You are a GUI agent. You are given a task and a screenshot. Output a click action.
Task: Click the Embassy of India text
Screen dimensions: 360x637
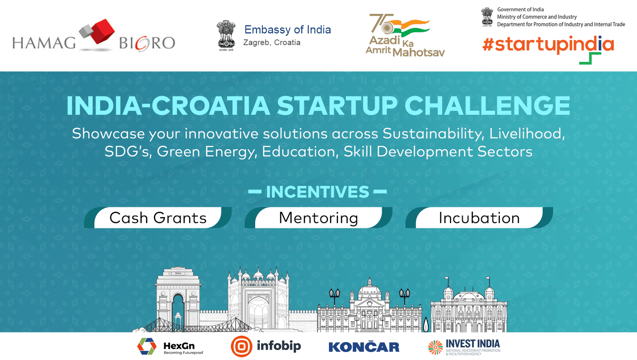pos(287,29)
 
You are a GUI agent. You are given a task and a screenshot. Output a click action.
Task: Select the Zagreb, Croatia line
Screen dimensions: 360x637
pos(272,43)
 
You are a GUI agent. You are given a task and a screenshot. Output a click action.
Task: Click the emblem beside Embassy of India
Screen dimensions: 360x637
pos(226,35)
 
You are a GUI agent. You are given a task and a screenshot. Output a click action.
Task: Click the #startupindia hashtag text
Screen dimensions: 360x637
pos(548,45)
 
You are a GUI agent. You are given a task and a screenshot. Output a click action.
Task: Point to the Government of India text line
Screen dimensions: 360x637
pos(520,10)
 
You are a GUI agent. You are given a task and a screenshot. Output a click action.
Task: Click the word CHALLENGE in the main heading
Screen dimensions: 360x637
pos(487,106)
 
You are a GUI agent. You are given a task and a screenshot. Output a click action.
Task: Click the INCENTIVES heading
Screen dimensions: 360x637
pos(317,192)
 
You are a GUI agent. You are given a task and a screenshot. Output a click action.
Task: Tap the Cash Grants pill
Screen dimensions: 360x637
pos(158,218)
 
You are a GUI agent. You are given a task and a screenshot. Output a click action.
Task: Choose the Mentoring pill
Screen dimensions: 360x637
pos(318,218)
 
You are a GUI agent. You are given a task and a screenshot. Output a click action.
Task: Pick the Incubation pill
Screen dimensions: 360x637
pos(479,218)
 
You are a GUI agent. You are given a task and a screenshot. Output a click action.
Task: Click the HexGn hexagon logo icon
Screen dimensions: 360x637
pos(147,346)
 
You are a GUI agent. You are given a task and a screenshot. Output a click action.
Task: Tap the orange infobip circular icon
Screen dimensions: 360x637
pos(241,346)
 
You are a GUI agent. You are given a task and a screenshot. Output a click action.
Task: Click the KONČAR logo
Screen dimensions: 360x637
pos(364,347)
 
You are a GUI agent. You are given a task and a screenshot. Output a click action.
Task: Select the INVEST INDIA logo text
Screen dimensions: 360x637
pos(473,344)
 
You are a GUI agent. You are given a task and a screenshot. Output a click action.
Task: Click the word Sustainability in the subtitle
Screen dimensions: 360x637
pos(433,134)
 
